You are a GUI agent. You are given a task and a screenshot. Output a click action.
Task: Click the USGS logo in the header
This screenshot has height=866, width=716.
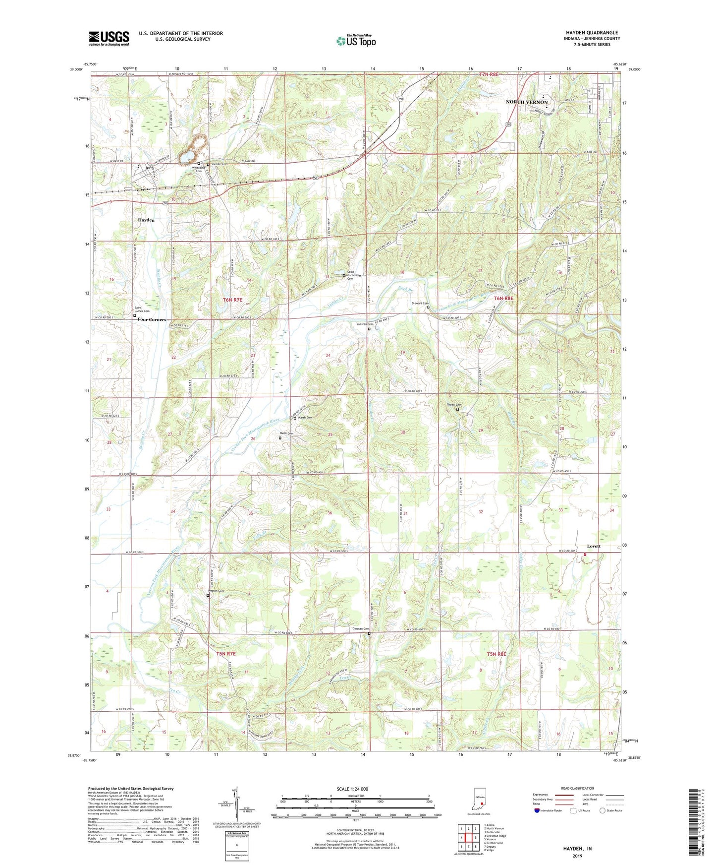click(109, 38)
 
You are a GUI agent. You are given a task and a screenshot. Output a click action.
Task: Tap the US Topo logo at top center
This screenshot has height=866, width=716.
click(356, 41)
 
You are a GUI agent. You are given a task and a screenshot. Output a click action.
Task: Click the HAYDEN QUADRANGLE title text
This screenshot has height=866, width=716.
click(592, 33)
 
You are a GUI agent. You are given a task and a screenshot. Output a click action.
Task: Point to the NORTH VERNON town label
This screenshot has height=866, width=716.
click(526, 102)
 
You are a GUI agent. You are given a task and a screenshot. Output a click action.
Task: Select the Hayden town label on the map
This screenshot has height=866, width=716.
click(146, 220)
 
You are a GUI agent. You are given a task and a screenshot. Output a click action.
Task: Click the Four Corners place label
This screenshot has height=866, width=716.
click(152, 319)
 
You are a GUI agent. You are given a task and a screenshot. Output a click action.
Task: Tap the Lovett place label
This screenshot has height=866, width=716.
click(593, 546)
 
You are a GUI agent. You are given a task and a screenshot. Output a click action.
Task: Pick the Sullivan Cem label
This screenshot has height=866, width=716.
click(365, 324)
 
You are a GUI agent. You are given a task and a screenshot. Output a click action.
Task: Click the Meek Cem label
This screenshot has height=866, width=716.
click(288, 433)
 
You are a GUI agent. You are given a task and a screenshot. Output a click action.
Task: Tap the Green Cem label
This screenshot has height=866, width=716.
click(454, 405)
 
